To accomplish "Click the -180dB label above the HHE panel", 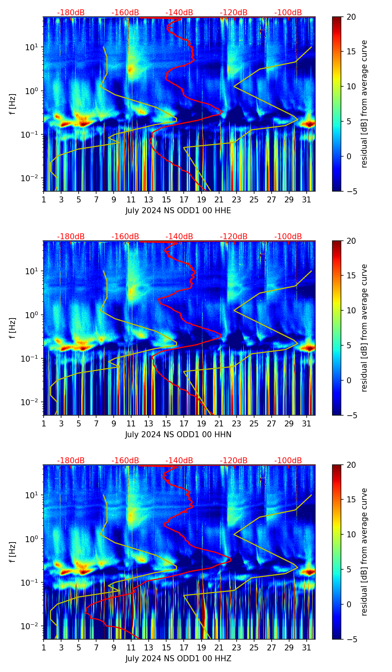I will pyautogui.click(x=71, y=13).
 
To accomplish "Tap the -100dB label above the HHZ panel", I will pyautogui.click(x=288, y=461).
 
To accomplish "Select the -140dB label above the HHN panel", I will pyautogui.click(x=179, y=237).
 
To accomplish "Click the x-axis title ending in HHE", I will pyautogui.click(x=178, y=211).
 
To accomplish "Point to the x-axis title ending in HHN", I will pyautogui.click(x=178, y=435).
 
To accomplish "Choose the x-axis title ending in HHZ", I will pyautogui.click(x=178, y=659).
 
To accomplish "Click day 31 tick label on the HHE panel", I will pyautogui.click(x=307, y=200).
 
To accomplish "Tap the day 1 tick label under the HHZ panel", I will pyautogui.click(x=44, y=648).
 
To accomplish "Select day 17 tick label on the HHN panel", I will pyautogui.click(x=184, y=424).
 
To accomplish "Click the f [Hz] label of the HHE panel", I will pyautogui.click(x=13, y=104).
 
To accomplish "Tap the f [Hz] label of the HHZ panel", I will pyautogui.click(x=13, y=552).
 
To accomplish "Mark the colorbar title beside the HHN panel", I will pyautogui.click(x=364, y=328).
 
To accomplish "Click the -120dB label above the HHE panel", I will pyautogui.click(x=234, y=13).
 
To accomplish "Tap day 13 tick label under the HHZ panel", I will pyautogui.click(x=149, y=648).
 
